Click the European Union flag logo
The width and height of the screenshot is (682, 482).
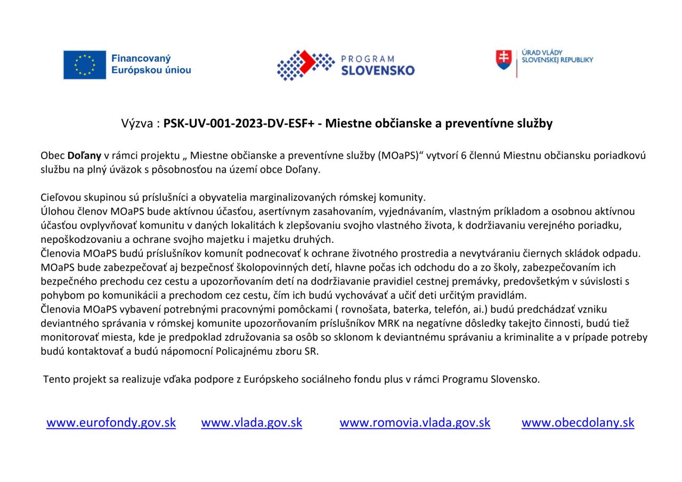pyautogui.click(x=85, y=65)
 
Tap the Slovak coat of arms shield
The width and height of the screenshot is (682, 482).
pyautogui.click(x=504, y=59)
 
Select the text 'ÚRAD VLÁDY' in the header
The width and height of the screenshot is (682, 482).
pyautogui.click(x=542, y=53)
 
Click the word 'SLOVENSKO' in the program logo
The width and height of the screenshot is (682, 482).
pyautogui.click(x=378, y=70)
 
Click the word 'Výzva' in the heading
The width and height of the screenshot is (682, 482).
pyautogui.click(x=138, y=124)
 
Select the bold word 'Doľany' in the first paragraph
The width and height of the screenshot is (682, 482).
pyautogui.click(x=84, y=156)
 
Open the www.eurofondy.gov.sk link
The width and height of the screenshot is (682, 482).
pyautogui.click(x=111, y=422)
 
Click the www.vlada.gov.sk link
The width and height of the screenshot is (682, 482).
pyautogui.click(x=251, y=422)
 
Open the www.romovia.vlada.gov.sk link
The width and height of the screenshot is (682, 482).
pyautogui.click(x=415, y=422)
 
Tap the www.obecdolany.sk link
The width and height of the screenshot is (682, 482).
pyautogui.click(x=578, y=422)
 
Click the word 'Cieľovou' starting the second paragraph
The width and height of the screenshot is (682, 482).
pyautogui.click(x=60, y=197)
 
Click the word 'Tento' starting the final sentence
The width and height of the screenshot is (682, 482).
pyautogui.click(x=56, y=379)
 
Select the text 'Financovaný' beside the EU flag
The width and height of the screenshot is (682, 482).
pyautogui.click(x=141, y=59)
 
